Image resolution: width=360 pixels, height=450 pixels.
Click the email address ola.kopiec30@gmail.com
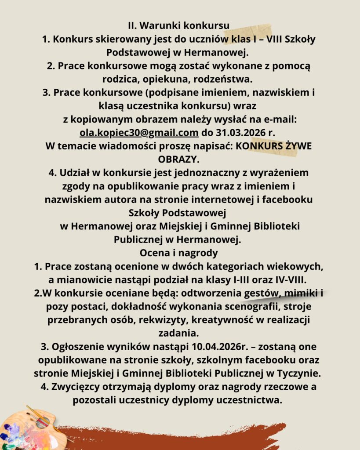tap(139, 132)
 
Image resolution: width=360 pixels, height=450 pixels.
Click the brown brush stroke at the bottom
tap(176, 437)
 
